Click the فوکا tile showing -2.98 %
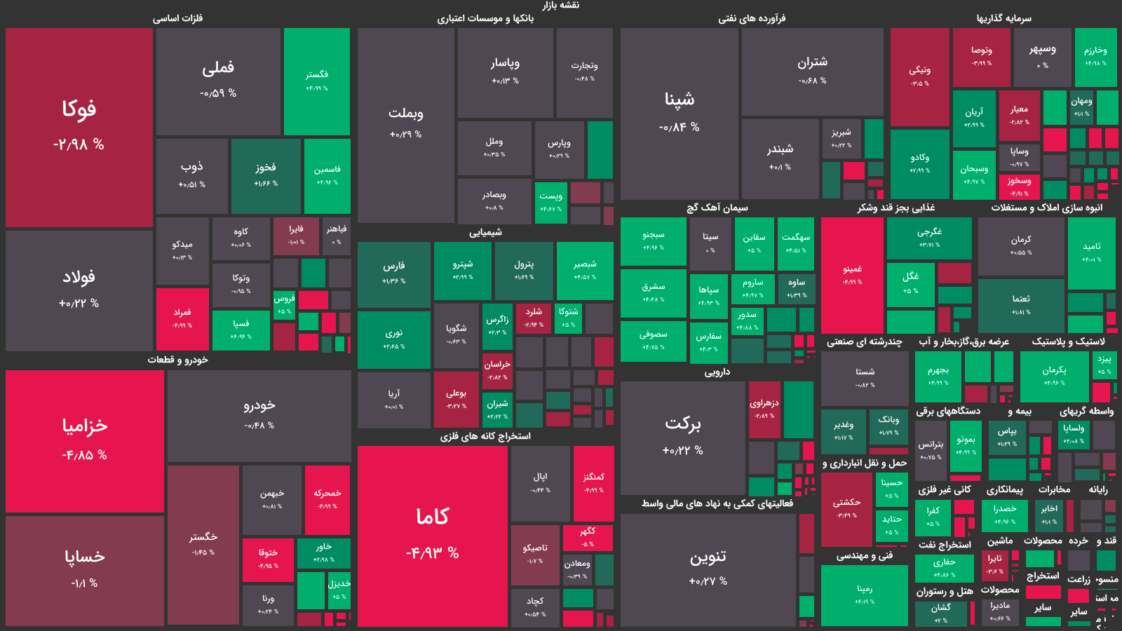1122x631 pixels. pyautogui.click(x=79, y=127)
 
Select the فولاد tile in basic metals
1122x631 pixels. pyautogui.click(x=79, y=290)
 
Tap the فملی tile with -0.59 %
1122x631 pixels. pyautogui.click(x=218, y=81)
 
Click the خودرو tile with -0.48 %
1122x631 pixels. pyautogui.click(x=259, y=415)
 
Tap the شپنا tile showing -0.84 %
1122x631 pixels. pyautogui.click(x=680, y=113)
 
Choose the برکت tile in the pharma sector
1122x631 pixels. pyautogui.click(x=682, y=437)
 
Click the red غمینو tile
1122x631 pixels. pyautogui.click(x=852, y=275)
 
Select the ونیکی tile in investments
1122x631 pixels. pyautogui.click(x=919, y=76)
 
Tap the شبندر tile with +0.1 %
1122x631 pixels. pyautogui.click(x=780, y=158)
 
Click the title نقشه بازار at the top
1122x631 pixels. pyautogui.click(x=560, y=6)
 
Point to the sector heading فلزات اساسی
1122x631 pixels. pyautogui.click(x=177, y=18)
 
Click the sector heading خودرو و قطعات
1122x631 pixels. pyautogui.click(x=177, y=360)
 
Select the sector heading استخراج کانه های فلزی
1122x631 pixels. pyautogui.click(x=485, y=436)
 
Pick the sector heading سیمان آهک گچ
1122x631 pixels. pyautogui.click(x=717, y=208)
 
